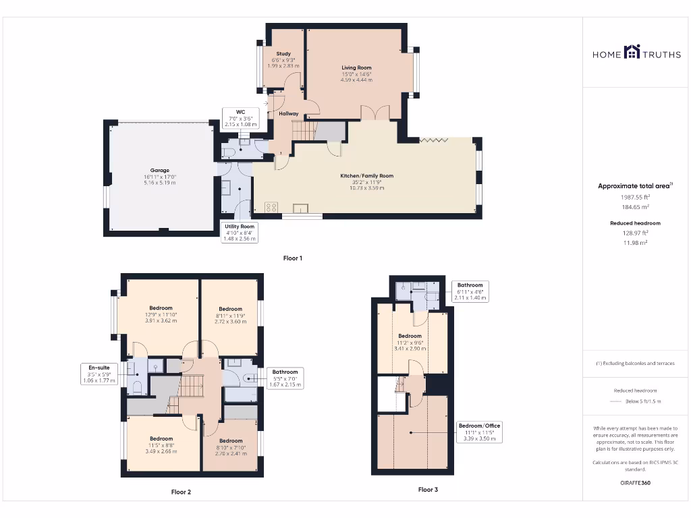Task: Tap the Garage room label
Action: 160,176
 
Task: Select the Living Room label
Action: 356,74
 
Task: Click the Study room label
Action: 283,59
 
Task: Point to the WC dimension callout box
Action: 240,118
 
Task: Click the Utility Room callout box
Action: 239,233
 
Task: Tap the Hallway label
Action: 288,114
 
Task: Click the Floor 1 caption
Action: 293,258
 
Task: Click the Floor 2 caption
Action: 181,492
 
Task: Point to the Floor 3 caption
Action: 428,489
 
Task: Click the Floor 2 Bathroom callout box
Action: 285,378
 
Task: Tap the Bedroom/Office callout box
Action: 480,432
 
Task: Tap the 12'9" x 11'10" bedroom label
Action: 161,314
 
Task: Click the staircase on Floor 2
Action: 193,386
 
